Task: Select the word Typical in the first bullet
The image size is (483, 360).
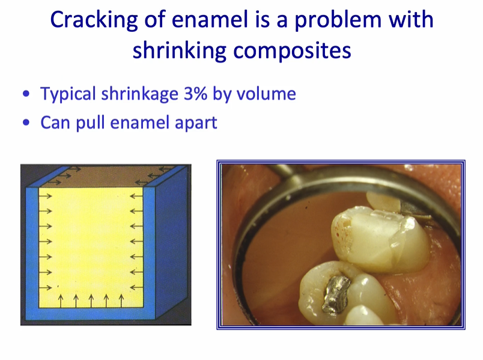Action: coord(66,94)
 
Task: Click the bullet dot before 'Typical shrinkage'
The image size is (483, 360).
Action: coord(25,95)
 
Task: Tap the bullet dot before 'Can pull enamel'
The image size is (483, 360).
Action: coord(25,123)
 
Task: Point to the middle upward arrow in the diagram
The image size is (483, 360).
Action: coord(91,299)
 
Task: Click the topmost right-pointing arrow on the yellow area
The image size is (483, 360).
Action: coord(46,195)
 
